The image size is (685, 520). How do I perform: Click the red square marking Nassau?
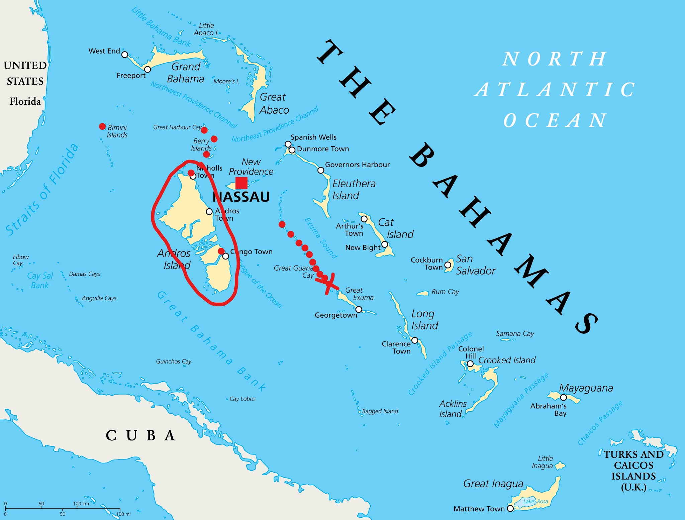tap(241, 183)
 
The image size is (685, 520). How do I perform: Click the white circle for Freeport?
tap(148, 69)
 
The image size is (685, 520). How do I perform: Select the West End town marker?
tap(125, 55)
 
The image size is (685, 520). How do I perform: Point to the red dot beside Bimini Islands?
tap(102, 126)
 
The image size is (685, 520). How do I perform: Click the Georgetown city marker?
tap(359, 309)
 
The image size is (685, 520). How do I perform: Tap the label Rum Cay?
tap(445, 292)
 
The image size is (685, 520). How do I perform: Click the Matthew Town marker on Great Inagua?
tap(510, 508)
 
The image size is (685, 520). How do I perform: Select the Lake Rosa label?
tap(535, 501)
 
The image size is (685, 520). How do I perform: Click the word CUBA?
tap(140, 435)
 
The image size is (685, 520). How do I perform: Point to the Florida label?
tap(25, 101)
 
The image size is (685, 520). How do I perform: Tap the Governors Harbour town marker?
tap(321, 171)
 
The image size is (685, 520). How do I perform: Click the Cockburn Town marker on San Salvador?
tap(448, 265)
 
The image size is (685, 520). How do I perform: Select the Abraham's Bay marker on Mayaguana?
tap(564, 398)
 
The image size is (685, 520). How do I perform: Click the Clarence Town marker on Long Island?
tap(415, 340)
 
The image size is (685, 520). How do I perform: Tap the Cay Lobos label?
tap(242, 399)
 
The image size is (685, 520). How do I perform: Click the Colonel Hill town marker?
tap(470, 364)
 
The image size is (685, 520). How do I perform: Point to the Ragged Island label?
tap(380, 411)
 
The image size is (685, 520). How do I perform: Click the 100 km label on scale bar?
tap(81, 504)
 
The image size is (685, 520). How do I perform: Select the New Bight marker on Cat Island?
tap(385, 244)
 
